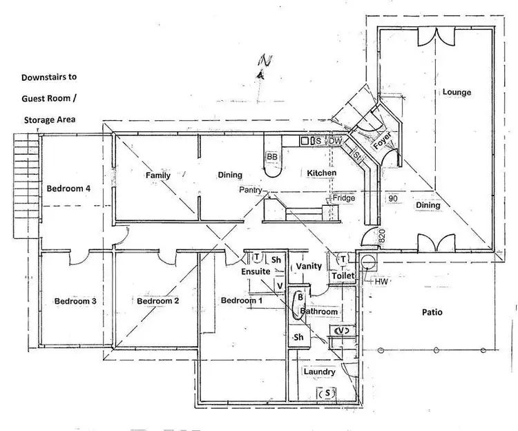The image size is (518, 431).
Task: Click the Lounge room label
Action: click(x=457, y=92)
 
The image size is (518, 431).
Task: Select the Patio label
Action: click(x=432, y=312)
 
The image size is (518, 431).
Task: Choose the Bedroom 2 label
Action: click(x=158, y=301)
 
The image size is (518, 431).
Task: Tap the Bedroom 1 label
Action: click(x=242, y=301)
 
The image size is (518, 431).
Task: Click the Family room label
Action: click(x=158, y=175)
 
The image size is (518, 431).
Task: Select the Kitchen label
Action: click(x=321, y=173)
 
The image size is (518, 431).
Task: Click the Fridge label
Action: click(x=344, y=198)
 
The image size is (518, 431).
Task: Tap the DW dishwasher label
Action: click(x=335, y=141)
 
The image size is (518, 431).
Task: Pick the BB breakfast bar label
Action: click(x=272, y=157)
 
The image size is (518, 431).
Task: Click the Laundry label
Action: click(x=320, y=372)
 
